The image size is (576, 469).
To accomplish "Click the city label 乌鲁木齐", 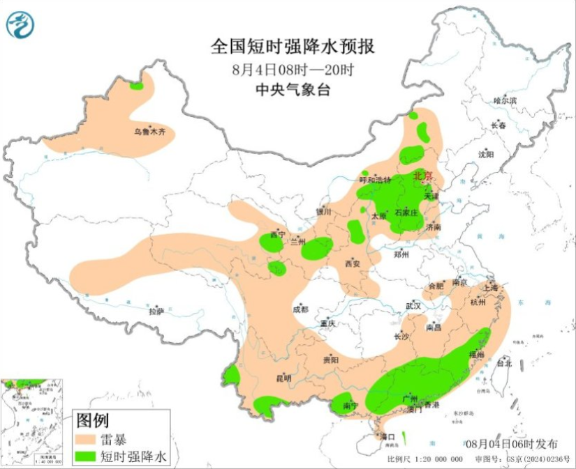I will pos(151,131).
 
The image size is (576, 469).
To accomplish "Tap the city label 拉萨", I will pos(156,312).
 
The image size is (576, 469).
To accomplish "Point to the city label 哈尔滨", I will pos(505,100).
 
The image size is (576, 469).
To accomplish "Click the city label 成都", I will pos(300,309).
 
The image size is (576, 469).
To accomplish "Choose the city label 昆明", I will pos(283,378).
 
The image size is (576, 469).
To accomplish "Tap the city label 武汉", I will pos(413,306).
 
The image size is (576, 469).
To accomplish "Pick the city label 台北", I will pos(504,363).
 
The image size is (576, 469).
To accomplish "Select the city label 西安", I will pos(352,263).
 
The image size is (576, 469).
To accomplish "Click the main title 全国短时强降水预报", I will pos(293,47).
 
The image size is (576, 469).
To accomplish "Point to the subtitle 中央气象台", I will pos(291,89).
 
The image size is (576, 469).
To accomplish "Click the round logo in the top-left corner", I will pos(20,26).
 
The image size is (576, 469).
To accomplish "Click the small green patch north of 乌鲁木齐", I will pos(136,86).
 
